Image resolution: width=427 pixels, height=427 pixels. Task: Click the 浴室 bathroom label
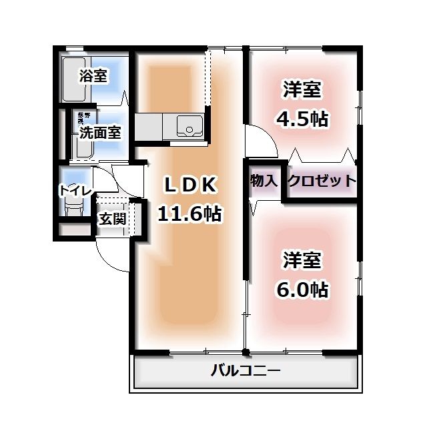coord(93,75)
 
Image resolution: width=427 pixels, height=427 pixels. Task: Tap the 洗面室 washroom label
coord(99,132)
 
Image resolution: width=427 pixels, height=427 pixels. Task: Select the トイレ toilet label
coord(75,190)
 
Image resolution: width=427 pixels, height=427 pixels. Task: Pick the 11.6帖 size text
coord(189,213)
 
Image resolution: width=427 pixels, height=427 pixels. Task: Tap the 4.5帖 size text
coord(302,119)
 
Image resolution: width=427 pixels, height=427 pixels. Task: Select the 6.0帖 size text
coord(302,290)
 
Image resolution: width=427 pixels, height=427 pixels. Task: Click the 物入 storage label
coord(264,181)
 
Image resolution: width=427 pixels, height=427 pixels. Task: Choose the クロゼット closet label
coord(321,181)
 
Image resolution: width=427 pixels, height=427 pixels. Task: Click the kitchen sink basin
coord(189,125)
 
